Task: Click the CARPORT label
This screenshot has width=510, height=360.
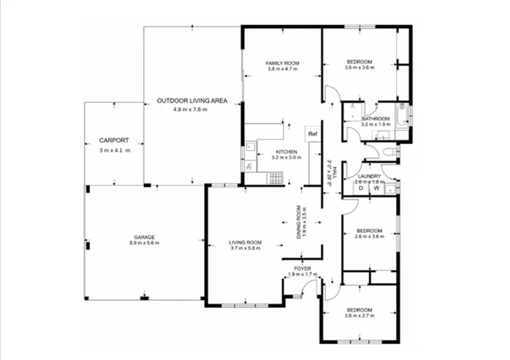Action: point(114,140)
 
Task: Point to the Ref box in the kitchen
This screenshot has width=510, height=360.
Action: point(312,134)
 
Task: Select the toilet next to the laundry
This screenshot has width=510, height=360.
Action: point(390,152)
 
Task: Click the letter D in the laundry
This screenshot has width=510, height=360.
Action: point(360,188)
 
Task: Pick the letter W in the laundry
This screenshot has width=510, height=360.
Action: point(377,188)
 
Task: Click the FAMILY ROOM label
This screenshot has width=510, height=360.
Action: point(282,63)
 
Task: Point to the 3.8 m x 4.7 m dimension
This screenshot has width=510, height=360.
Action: point(282,69)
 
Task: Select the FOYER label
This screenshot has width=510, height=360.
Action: point(303,269)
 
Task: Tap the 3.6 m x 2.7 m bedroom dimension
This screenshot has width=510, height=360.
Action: point(358,316)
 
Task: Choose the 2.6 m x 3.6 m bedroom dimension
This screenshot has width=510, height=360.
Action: point(369,236)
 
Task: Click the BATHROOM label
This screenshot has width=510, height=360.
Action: point(375,119)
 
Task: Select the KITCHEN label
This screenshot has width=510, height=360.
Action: point(286,151)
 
